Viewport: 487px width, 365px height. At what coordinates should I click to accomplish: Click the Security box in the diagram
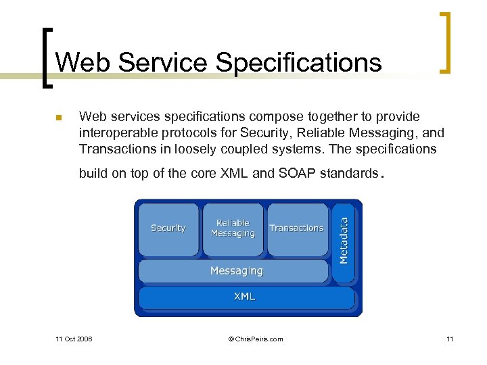click(168, 228)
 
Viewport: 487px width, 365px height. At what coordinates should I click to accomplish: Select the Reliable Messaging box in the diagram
click(233, 228)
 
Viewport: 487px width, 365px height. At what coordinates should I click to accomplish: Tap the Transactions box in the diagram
click(296, 228)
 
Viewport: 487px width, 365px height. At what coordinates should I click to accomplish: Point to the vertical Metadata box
click(344, 241)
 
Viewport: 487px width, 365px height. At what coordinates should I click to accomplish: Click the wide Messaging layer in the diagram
click(236, 271)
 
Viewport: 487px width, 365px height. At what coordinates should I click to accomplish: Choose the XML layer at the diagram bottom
click(245, 297)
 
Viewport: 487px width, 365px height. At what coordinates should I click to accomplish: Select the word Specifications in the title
click(298, 63)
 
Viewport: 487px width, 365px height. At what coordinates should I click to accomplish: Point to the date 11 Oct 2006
click(74, 339)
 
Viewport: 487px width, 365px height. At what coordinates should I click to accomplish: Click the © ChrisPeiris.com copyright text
click(256, 339)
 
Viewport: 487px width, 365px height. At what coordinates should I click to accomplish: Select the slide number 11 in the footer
click(449, 339)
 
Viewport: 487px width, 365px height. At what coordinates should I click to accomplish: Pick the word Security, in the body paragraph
click(241, 132)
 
